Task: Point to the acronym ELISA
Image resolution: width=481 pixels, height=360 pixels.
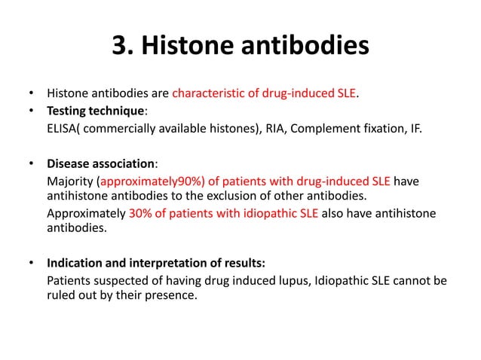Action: point(62,129)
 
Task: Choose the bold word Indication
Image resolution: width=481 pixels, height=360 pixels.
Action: point(77,264)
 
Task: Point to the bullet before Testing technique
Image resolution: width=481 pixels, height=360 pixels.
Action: point(31,112)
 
